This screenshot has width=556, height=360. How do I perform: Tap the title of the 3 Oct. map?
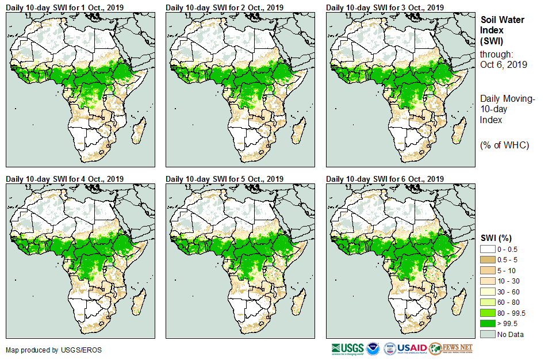385,7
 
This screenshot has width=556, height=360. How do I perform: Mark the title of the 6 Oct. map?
385,179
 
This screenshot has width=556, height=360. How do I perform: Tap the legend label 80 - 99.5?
511,313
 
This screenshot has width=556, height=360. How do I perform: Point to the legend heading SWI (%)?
496,238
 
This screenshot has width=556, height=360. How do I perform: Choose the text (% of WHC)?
504,145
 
